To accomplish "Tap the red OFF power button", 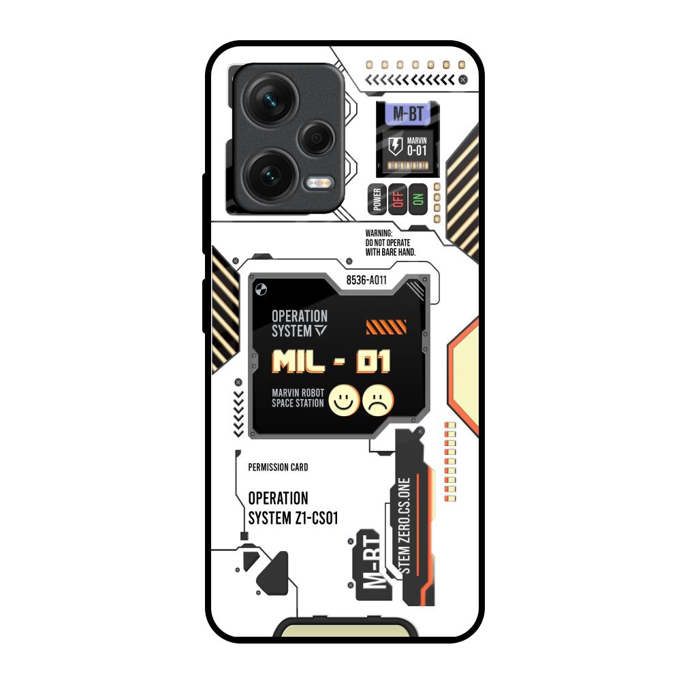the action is pyautogui.click(x=398, y=200).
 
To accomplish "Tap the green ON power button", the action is pyautogui.click(x=418, y=200).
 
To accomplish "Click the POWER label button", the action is pyautogui.click(x=377, y=200).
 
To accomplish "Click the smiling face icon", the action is pyautogui.click(x=344, y=400).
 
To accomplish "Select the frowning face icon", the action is pyautogui.click(x=378, y=400).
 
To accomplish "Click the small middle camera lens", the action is pyautogui.click(x=317, y=138).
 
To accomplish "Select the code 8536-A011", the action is pyautogui.click(x=366, y=280).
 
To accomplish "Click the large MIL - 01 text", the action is pyautogui.click(x=331, y=362).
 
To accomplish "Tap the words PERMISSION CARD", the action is pyautogui.click(x=278, y=467).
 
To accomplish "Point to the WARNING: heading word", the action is pyautogui.click(x=379, y=233).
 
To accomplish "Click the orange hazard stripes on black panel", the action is pyautogui.click(x=386, y=327).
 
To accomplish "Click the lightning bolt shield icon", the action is pyautogui.click(x=395, y=146).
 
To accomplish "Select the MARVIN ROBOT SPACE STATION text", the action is pyautogui.click(x=298, y=398).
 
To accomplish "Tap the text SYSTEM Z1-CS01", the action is pyautogui.click(x=293, y=518).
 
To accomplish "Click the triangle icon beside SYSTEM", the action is pyautogui.click(x=321, y=330).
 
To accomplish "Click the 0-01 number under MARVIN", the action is pyautogui.click(x=417, y=151).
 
